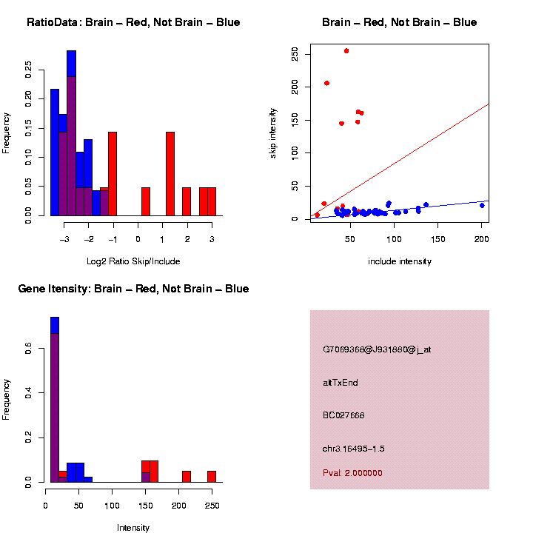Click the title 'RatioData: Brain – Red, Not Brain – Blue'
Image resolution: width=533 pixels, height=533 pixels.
(x=133, y=22)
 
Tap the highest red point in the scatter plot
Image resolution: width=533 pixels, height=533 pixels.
(x=346, y=51)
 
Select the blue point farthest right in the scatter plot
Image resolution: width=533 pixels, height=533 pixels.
(x=482, y=205)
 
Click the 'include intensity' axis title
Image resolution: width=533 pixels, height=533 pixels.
(x=400, y=261)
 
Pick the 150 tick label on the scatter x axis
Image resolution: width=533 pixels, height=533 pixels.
(x=438, y=238)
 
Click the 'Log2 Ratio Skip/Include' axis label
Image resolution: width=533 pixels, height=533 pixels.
(x=133, y=261)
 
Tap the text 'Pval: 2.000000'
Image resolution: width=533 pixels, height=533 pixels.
(x=352, y=473)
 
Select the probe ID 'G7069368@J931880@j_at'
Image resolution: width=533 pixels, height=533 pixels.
(x=377, y=349)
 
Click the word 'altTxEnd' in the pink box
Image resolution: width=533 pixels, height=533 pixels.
(x=341, y=383)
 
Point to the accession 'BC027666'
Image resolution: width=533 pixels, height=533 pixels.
(x=343, y=415)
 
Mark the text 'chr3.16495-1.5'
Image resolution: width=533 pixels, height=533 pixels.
(x=353, y=449)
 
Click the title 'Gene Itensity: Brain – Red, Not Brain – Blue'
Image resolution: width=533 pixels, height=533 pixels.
(x=133, y=289)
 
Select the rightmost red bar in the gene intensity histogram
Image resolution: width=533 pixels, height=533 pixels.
(x=212, y=476)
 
